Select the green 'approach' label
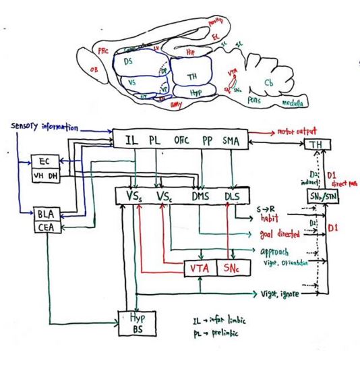pyautogui.click(x=278, y=252)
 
